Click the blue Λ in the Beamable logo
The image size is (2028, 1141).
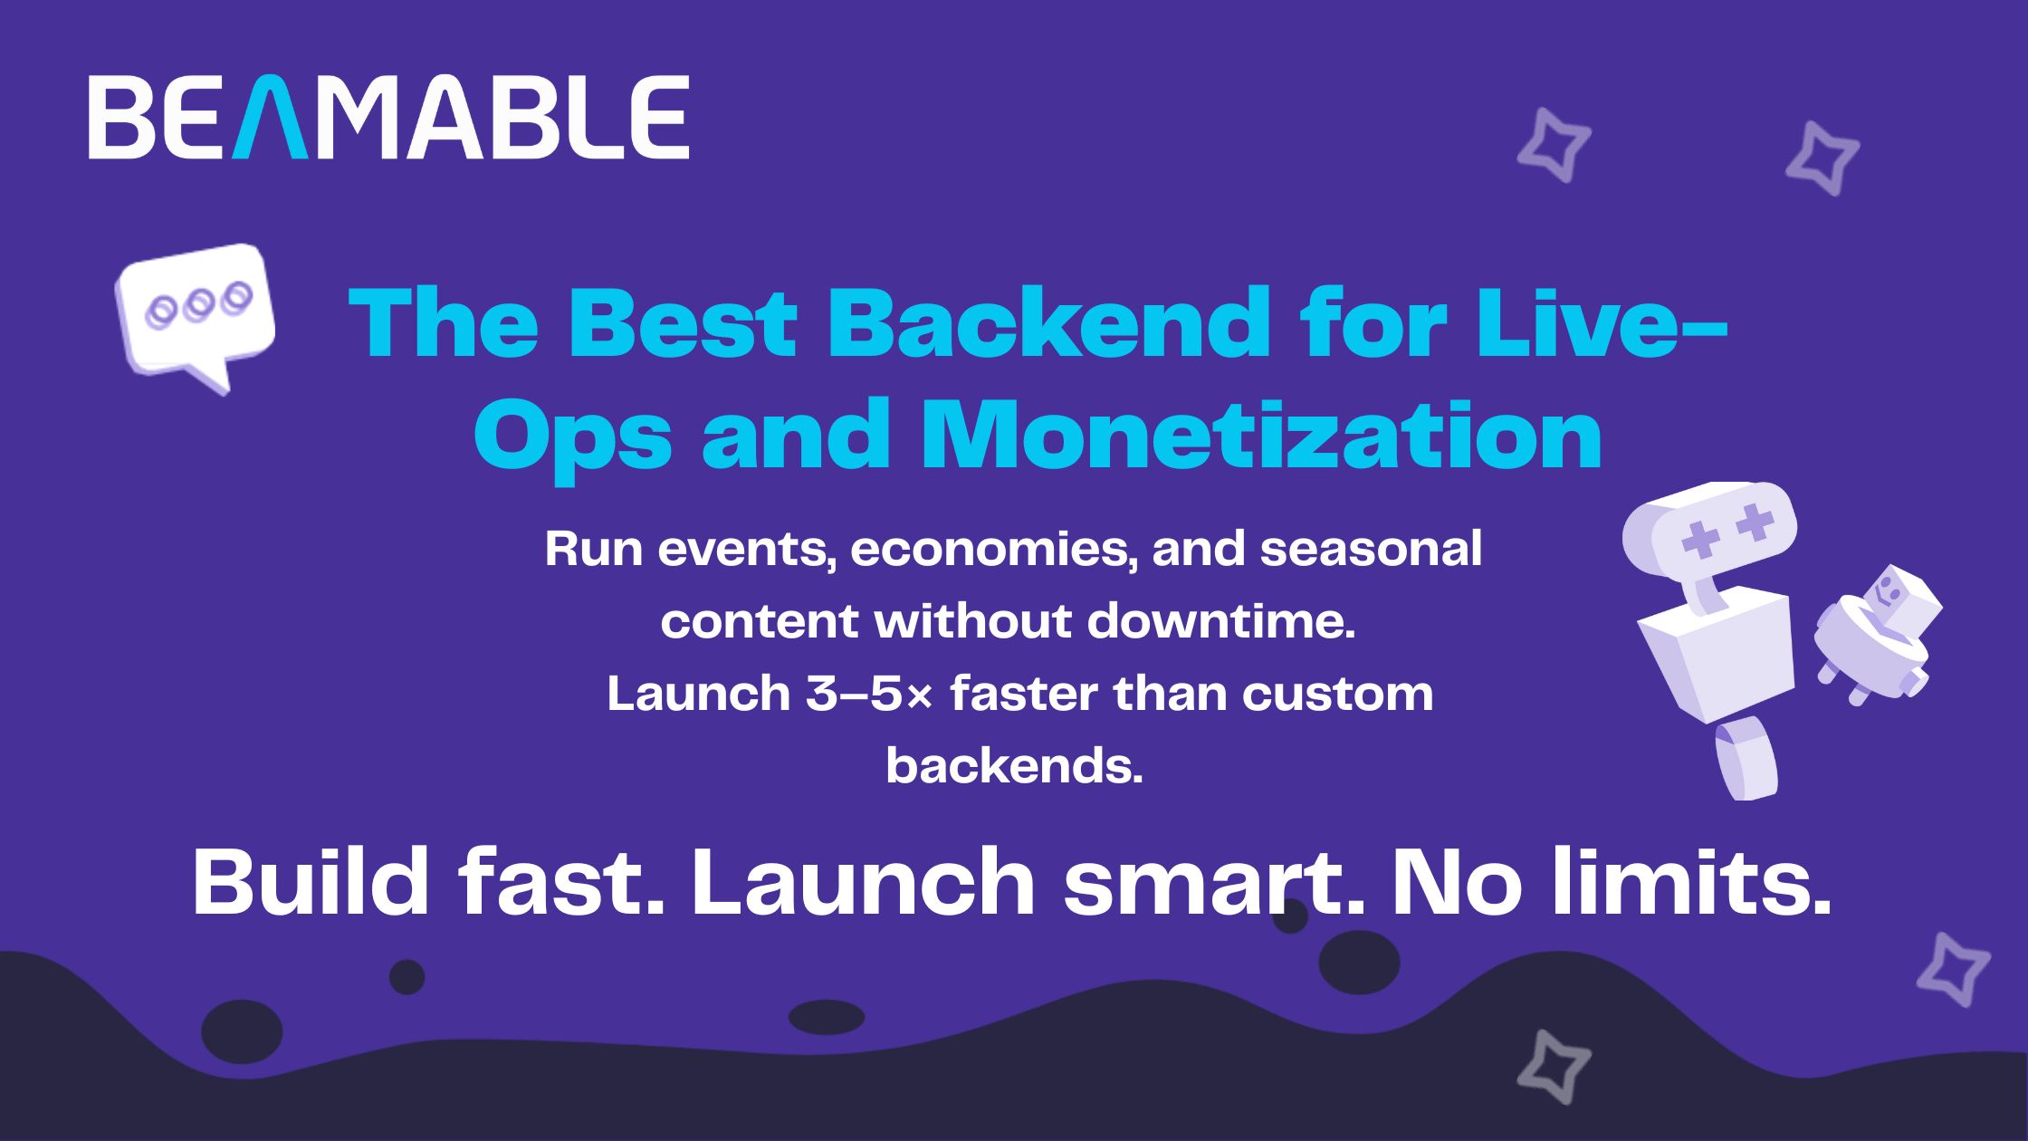click(x=270, y=117)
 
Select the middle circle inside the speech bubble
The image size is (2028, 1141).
click(x=198, y=304)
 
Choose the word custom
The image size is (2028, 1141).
click(x=1338, y=695)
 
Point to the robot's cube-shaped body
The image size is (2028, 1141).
click(x=1716, y=651)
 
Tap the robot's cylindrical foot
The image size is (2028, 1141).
click(x=1746, y=758)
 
